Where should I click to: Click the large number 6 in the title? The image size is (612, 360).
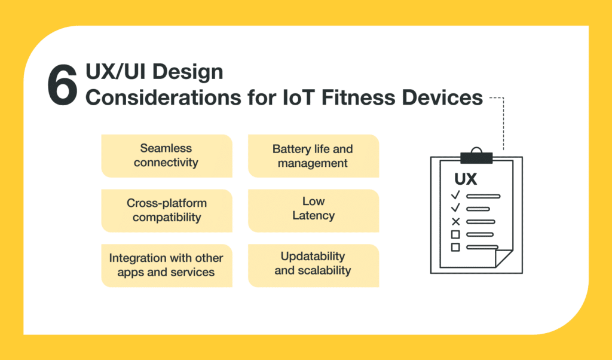62,85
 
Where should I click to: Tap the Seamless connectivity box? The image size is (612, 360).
167,156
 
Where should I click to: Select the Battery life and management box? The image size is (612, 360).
313,156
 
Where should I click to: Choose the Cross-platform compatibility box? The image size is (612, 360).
167,211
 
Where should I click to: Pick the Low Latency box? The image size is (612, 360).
313,211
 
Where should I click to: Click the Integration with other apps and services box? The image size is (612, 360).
167,266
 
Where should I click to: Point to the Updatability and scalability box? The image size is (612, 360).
313,266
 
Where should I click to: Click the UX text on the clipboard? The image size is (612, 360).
466,179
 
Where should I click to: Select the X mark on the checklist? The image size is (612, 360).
455,222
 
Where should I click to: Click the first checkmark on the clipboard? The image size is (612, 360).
455,194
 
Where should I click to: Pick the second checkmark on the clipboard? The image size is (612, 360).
455,208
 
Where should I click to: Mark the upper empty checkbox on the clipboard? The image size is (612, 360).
455,234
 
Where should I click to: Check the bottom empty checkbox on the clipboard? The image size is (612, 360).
455,247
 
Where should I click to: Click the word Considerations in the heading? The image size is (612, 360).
163,97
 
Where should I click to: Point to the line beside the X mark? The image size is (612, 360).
481,222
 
